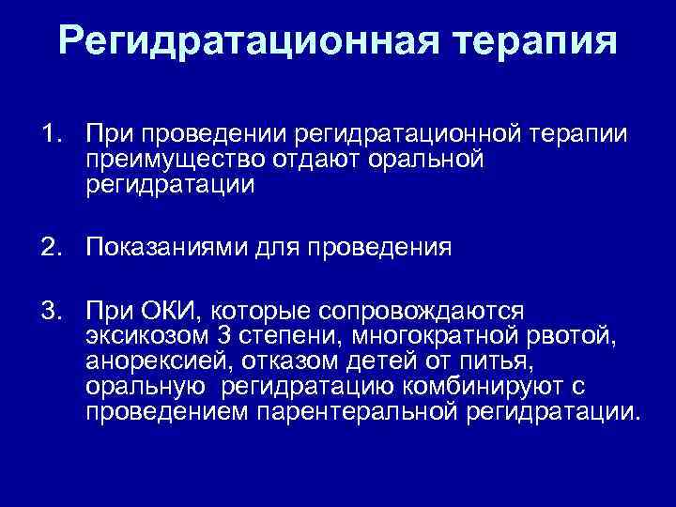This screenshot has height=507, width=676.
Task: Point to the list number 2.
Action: coord(48,248)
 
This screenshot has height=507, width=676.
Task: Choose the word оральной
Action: coord(423,161)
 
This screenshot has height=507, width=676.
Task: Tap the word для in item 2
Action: coord(277,248)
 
